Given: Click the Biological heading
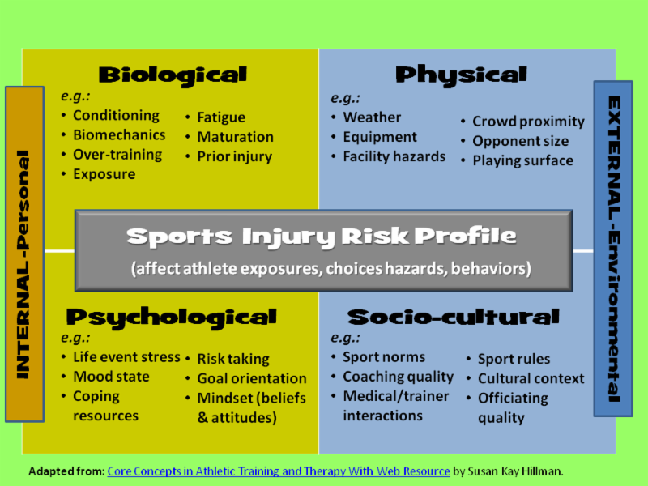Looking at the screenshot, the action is click(173, 75).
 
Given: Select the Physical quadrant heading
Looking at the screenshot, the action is click(461, 75).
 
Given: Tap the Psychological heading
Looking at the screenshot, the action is click(172, 318).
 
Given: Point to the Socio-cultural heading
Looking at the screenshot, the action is click(454, 317).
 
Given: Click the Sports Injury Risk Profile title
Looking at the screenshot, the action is click(322, 237).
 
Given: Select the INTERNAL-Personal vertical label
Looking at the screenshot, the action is click(23, 265).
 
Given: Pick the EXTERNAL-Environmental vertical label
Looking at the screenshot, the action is click(615, 249).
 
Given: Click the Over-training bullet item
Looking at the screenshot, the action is click(117, 155).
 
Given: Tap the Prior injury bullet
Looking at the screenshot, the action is click(234, 156).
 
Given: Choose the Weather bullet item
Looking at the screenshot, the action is click(372, 117).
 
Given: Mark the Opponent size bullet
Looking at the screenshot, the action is click(520, 141).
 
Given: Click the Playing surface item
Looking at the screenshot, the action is click(522, 160).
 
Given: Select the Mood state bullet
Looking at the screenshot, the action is click(111, 377).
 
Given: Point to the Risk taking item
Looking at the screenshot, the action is click(233, 359).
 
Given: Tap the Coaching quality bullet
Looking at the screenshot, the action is click(398, 377).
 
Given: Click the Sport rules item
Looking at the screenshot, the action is click(514, 359).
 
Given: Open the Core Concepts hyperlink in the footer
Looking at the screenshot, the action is click(279, 471).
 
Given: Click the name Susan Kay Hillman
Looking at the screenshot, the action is click(515, 471).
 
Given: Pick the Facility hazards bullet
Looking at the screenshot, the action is click(394, 156).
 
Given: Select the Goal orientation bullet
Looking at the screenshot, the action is click(252, 378).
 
